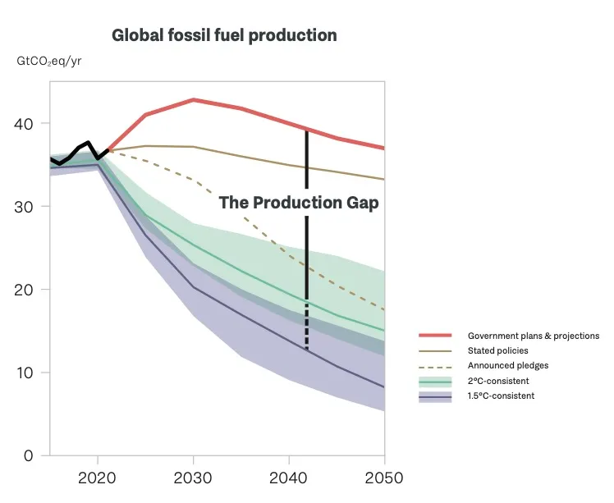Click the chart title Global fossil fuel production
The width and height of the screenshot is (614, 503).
(x=224, y=36)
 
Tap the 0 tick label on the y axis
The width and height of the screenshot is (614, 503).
(x=29, y=455)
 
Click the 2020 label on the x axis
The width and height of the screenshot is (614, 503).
(x=98, y=478)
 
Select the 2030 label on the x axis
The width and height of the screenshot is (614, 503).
(x=193, y=478)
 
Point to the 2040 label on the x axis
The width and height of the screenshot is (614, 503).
(x=288, y=478)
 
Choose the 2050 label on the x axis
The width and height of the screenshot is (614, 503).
(x=383, y=478)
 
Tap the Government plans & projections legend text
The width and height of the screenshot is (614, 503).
(x=534, y=336)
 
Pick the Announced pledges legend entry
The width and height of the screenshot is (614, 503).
(x=507, y=366)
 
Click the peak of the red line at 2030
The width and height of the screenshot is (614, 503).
(x=193, y=99)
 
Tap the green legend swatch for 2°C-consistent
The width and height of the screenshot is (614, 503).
(x=435, y=381)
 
